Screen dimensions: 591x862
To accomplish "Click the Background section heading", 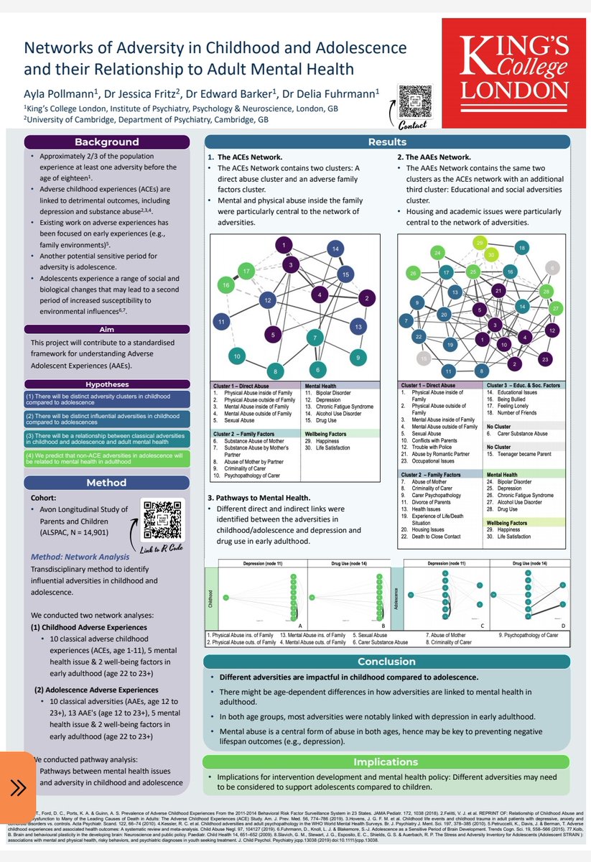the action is tap(107, 142).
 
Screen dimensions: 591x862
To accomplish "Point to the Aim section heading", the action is tap(107, 329).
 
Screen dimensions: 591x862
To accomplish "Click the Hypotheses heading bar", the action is tap(107, 384).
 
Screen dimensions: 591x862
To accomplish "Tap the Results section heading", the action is tap(387, 142).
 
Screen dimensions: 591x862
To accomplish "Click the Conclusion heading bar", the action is tap(387, 662).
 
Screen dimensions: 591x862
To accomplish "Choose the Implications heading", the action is tap(387, 762).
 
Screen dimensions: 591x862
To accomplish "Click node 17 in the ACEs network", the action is tap(246, 272).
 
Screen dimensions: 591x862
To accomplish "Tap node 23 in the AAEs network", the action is tap(546, 358).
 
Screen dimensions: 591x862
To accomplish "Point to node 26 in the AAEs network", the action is tap(413, 274).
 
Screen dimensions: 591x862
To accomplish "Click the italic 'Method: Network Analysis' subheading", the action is tap(80, 557).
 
